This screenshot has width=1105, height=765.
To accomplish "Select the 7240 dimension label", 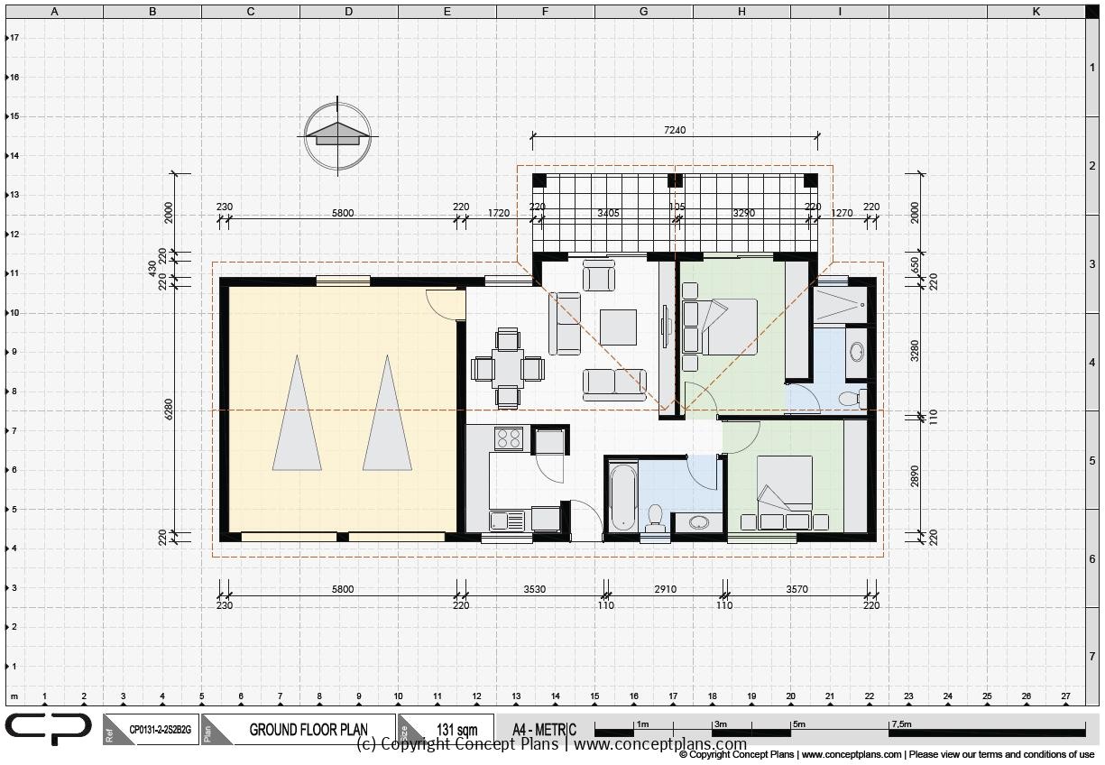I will tap(674, 130).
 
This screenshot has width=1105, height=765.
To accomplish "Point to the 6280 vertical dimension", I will tap(168, 409).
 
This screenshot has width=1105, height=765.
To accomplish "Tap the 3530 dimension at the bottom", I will tap(533, 589).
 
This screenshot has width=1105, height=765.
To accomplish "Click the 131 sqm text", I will tap(456, 730).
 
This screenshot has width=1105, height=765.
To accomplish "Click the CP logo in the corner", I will tap(49, 729).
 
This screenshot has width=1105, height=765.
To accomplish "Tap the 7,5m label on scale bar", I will tap(901, 724).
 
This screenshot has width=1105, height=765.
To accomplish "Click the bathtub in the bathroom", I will tap(622, 498).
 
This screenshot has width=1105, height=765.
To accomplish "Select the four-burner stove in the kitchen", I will tap(508, 438).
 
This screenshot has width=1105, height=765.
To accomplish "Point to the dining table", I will tap(508, 368).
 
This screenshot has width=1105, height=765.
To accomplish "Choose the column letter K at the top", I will tap(1036, 12).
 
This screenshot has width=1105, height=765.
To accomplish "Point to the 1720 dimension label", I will tap(498, 214).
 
